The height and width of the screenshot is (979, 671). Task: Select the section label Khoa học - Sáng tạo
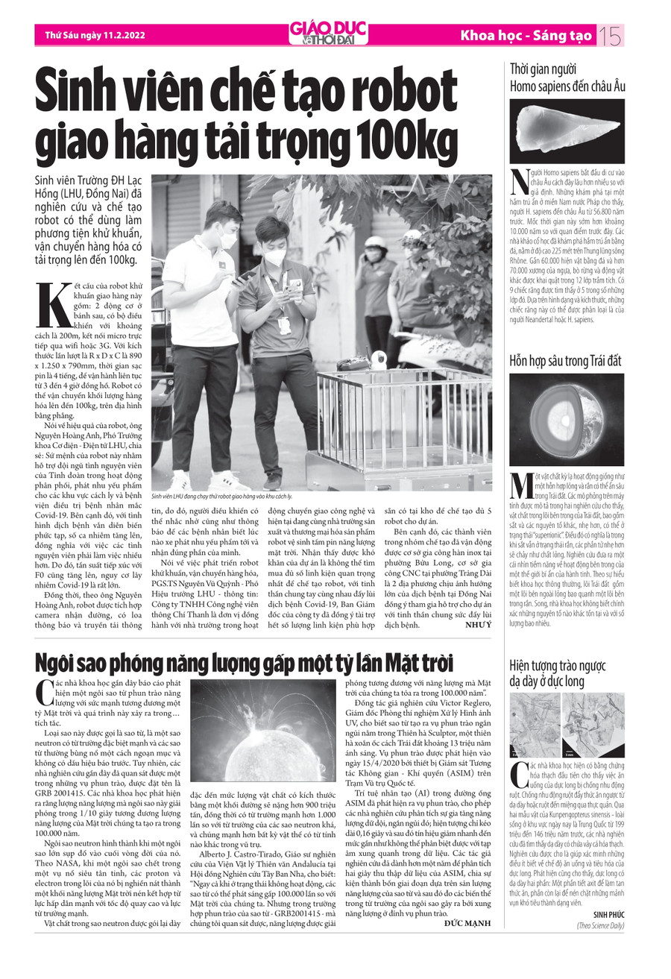point(526,35)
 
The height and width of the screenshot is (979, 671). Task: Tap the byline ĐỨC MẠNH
point(467,923)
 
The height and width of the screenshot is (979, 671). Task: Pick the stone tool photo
point(567,130)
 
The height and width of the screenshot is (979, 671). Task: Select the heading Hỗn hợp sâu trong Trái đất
point(565,360)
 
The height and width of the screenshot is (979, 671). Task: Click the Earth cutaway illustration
point(567,419)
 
